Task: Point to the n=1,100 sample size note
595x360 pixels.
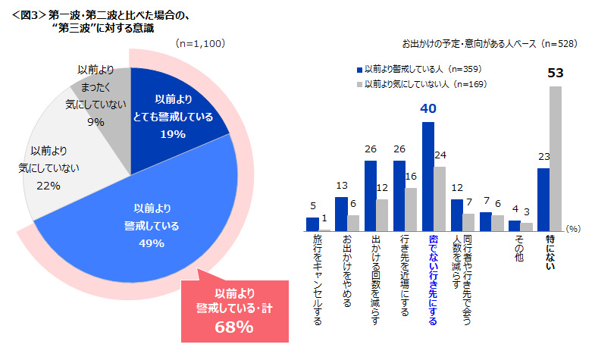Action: pos(199,45)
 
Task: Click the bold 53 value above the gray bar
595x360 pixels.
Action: pos(556,73)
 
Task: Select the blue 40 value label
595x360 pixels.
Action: pos(427,108)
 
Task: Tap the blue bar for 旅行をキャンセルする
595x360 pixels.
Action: pos(312,224)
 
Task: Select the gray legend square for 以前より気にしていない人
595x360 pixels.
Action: pos(360,84)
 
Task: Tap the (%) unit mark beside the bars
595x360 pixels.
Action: pos(574,227)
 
